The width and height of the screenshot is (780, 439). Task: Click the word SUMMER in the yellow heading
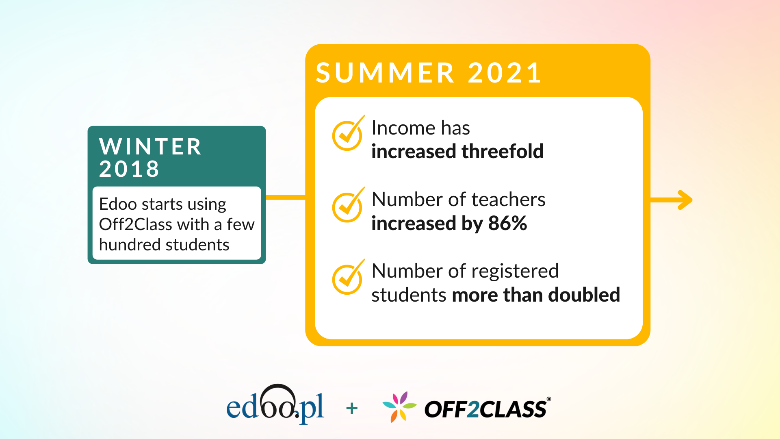click(x=385, y=73)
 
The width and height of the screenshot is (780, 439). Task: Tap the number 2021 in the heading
click(x=505, y=73)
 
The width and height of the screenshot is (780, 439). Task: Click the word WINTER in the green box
click(x=150, y=147)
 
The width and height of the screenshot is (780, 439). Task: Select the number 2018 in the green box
click(x=129, y=169)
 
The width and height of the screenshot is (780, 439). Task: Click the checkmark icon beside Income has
click(x=348, y=135)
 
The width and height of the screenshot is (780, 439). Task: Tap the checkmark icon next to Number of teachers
click(x=348, y=206)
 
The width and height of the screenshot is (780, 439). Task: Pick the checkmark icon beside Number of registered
click(x=348, y=278)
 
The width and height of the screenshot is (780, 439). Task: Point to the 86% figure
click(x=507, y=223)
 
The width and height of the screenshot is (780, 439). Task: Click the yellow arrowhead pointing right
click(x=685, y=200)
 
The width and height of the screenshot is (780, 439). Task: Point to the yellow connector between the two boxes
click(x=285, y=198)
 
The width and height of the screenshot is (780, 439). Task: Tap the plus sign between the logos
click(x=352, y=409)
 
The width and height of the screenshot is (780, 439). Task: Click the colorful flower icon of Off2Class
click(x=399, y=406)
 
